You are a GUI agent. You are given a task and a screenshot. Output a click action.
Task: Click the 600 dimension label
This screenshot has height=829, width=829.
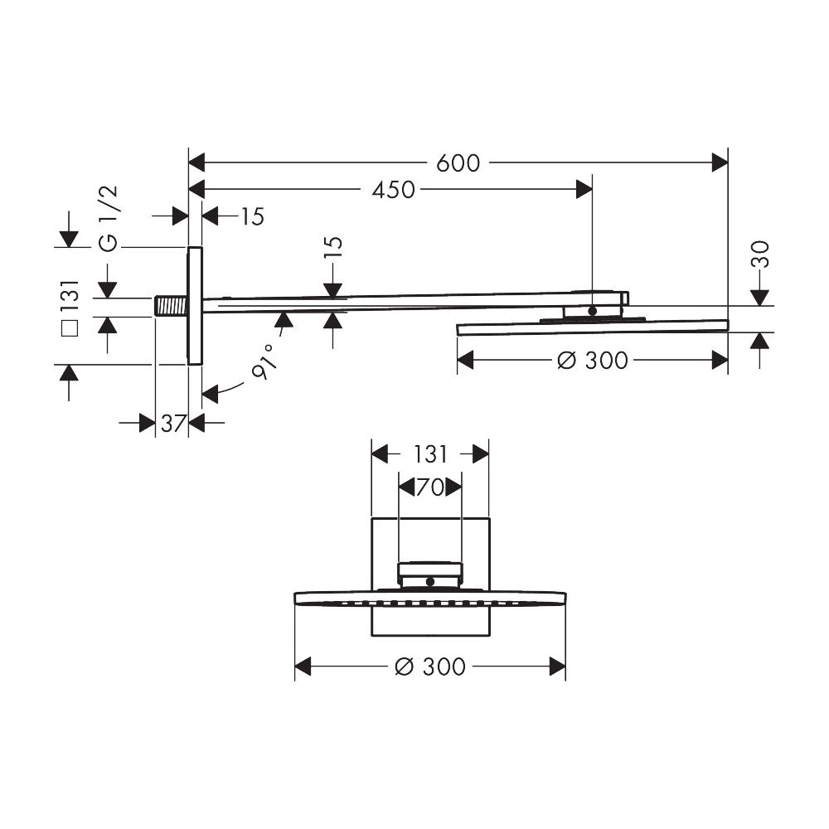tap(458, 163)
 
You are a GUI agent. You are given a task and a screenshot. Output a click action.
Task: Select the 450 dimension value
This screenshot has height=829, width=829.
tap(393, 190)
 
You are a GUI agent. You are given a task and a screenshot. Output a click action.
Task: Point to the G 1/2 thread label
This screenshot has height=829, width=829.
tap(109, 219)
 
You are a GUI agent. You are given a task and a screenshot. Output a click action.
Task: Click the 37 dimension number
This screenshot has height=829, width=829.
tap(173, 424)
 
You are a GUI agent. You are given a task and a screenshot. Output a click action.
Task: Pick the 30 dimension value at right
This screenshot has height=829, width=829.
tap(759, 254)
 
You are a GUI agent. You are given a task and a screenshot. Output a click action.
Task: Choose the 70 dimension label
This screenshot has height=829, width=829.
tap(430, 487)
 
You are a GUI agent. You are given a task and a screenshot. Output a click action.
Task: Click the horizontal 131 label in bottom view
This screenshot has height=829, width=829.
tap(429, 454)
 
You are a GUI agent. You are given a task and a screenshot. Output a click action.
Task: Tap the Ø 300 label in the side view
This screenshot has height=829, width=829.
tap(593, 361)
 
